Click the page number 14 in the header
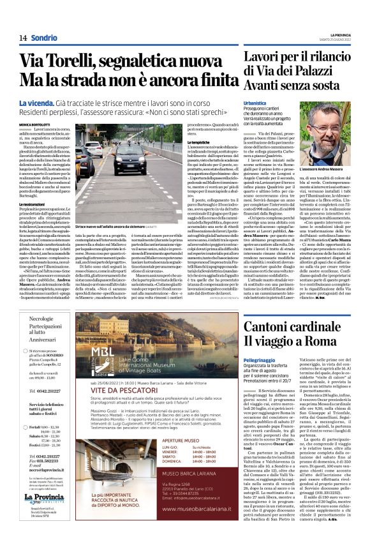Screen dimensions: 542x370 [22, 38]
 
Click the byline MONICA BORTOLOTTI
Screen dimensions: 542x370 [36, 124]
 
